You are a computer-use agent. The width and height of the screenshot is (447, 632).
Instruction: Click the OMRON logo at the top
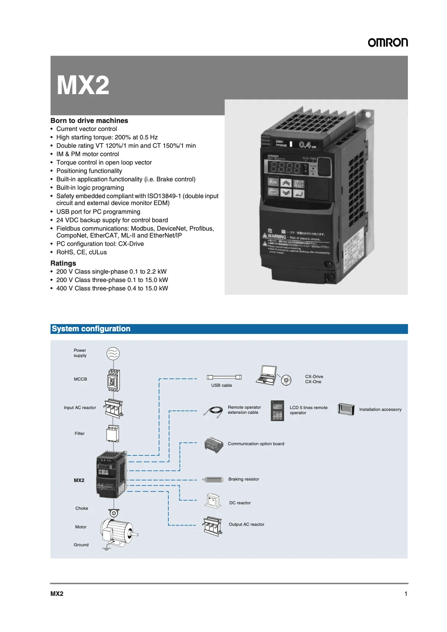tap(387, 43)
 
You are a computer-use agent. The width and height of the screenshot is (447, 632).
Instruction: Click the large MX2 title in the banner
tap(83, 85)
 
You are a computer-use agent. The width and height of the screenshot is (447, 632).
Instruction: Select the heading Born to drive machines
tap(89, 120)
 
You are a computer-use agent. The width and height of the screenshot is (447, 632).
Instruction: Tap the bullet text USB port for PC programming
tap(98, 212)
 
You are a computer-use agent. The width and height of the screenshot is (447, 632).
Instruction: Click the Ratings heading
tap(63, 263)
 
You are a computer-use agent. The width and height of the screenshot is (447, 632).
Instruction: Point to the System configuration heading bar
tap(229, 329)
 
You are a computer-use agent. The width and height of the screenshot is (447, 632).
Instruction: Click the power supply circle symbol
tap(113, 354)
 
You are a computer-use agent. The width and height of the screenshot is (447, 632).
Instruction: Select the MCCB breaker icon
tap(113, 380)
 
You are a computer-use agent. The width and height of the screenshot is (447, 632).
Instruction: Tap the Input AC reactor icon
tap(114, 408)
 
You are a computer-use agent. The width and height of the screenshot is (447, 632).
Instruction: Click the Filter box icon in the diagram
tap(113, 433)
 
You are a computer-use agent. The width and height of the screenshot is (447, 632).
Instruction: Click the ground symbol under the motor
tap(106, 548)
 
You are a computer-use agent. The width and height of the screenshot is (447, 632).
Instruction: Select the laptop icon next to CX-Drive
tap(266, 375)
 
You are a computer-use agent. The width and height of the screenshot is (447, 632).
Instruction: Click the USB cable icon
tap(224, 377)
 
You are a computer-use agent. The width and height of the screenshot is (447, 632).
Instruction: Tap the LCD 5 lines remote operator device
tap(278, 411)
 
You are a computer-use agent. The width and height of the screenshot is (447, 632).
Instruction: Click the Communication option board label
tap(256, 444)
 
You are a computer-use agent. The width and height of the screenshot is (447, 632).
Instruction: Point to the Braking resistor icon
tap(213, 479)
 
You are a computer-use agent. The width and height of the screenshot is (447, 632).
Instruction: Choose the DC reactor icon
tap(213, 501)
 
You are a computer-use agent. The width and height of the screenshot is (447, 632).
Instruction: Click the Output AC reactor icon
tap(213, 526)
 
